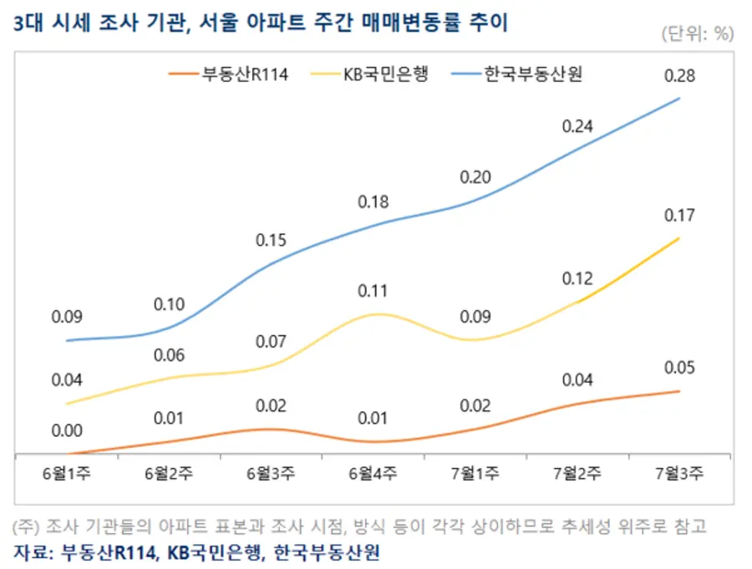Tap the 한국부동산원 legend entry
(532, 74)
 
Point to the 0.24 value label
(577, 127)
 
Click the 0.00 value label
(67, 431)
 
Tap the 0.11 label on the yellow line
(373, 292)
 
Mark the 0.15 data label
(271, 241)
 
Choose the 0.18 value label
(373, 202)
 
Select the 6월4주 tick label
(373, 474)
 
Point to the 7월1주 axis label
(475, 474)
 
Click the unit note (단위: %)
(697, 33)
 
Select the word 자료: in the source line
(34, 552)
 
